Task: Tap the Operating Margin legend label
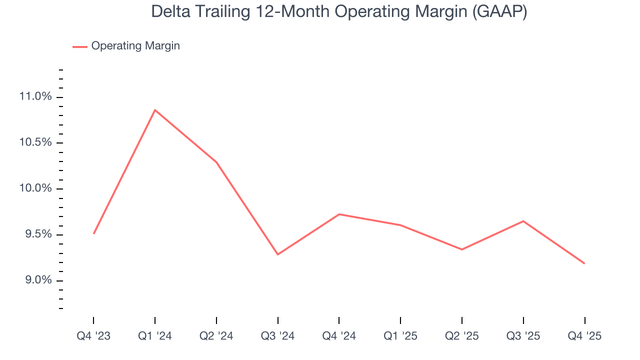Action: point(135,46)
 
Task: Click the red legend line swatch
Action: point(80,46)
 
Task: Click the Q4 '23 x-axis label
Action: point(93,336)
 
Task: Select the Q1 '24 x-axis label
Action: point(155,336)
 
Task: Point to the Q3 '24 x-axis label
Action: point(277,336)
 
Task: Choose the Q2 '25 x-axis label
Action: point(462,336)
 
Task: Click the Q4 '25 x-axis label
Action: point(584,336)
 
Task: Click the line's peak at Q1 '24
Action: point(155,110)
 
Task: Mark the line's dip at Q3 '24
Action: point(277,254)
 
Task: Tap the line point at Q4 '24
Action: point(339,214)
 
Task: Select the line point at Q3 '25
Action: point(523,221)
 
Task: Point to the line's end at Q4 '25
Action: point(584,263)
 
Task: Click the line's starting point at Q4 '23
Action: point(93,233)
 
